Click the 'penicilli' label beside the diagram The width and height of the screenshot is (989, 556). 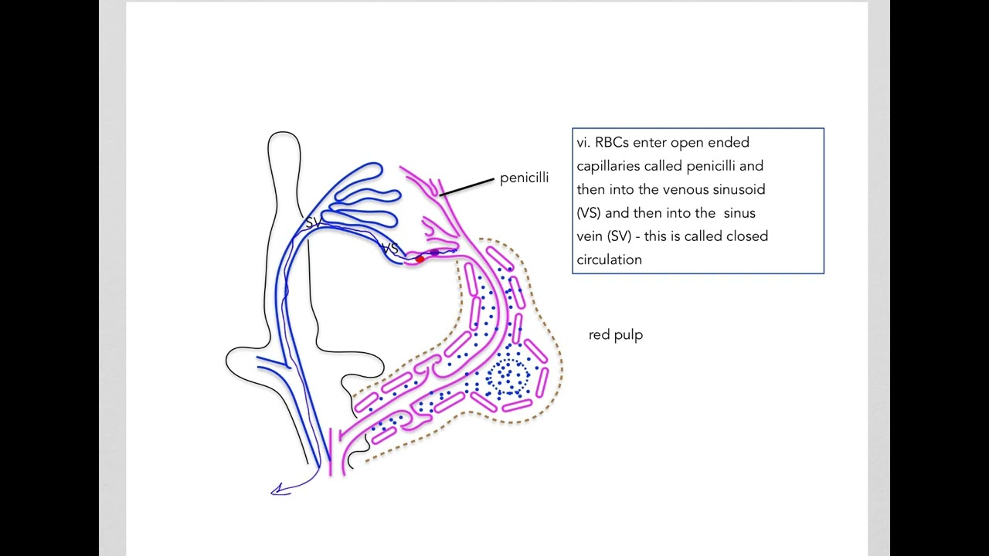coord(524,178)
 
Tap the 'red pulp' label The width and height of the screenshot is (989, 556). coord(616,334)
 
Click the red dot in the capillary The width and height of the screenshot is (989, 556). coord(420,259)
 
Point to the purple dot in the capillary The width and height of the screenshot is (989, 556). coord(435,253)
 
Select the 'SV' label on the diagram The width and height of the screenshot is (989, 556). coord(314,222)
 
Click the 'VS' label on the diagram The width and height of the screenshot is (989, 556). coord(390,249)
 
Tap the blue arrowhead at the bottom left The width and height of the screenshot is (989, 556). coord(279,490)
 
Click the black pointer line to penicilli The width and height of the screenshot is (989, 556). coord(467,187)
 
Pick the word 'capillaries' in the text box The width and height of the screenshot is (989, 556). coord(608,166)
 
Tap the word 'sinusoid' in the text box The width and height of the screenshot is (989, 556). coord(739,189)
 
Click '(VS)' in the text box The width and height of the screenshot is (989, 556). coord(589,213)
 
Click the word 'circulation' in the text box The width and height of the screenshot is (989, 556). coord(610,260)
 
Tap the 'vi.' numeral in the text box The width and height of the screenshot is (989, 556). coord(583,143)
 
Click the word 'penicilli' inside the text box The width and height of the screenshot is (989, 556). coord(711,166)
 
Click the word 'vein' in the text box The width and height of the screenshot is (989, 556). coord(590,236)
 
